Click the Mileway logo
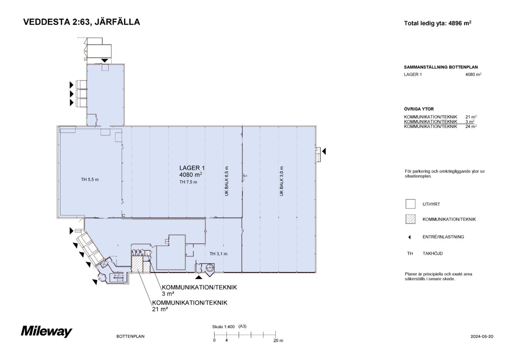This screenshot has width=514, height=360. (46, 331)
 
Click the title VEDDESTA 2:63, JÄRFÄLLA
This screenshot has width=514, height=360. (82, 22)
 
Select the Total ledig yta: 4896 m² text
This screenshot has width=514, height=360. (437, 23)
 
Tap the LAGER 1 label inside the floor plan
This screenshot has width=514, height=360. (192, 168)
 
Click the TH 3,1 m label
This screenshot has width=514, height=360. (218, 254)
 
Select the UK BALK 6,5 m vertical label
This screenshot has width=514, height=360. (227, 181)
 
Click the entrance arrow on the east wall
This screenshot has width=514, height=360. (324, 151)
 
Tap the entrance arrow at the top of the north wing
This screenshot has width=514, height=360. (105, 60)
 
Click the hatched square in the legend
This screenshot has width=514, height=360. (410, 219)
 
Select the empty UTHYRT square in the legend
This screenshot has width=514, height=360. (410, 204)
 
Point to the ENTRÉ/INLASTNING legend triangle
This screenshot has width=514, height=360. (409, 237)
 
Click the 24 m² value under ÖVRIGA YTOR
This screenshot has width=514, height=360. (471, 126)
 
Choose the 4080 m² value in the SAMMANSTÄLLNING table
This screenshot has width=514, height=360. (473, 75)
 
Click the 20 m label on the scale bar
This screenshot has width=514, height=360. (278, 341)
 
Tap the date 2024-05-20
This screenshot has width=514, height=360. (482, 336)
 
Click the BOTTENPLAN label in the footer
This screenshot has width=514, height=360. (130, 336)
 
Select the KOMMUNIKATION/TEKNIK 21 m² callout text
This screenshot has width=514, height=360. (189, 305)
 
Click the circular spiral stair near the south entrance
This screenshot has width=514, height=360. (209, 268)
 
